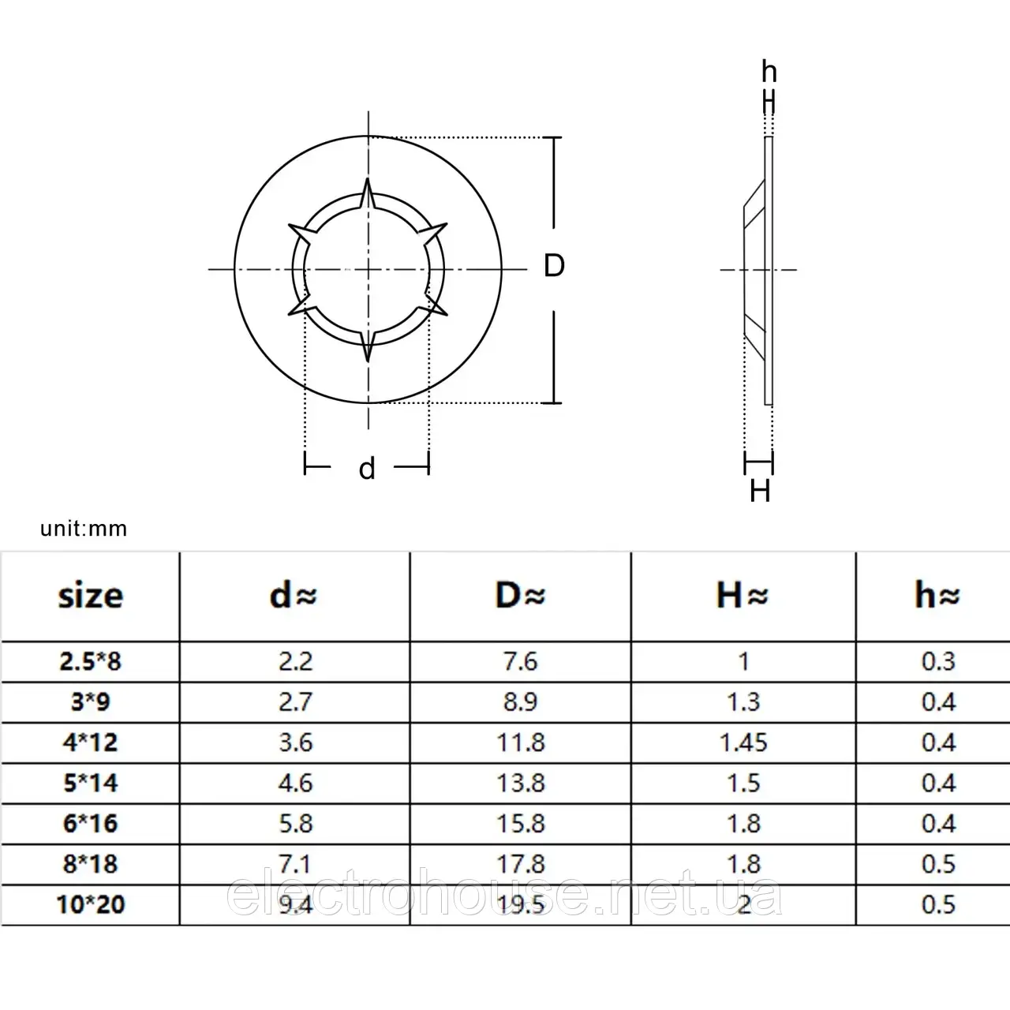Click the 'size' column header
coord(91,596)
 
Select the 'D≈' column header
coord(521,595)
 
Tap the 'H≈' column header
coord(743,595)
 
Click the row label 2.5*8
coord(91,661)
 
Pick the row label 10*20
coord(91,904)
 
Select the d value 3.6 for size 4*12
coord(296,743)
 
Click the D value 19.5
coord(521,904)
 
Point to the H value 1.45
coord(744,743)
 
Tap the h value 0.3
coord(938,661)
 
